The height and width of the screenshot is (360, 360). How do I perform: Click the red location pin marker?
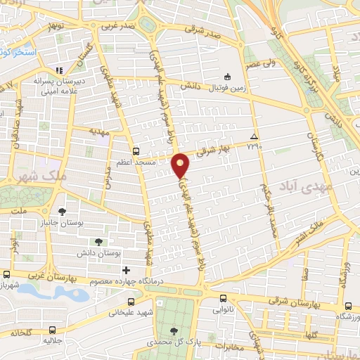tap(181, 165)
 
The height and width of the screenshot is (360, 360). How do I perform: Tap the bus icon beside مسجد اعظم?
tap(136, 150)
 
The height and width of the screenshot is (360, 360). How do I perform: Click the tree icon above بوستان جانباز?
tap(63, 210)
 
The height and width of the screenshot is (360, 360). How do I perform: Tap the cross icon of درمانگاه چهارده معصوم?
tap(126, 270)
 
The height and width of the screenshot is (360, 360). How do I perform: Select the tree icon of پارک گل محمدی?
tap(174, 330)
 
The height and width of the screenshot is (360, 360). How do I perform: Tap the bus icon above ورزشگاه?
tap(349, 306)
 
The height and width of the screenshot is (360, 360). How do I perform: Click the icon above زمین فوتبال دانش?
tap(226, 76)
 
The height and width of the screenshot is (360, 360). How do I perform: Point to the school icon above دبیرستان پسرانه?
tap(60, 70)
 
